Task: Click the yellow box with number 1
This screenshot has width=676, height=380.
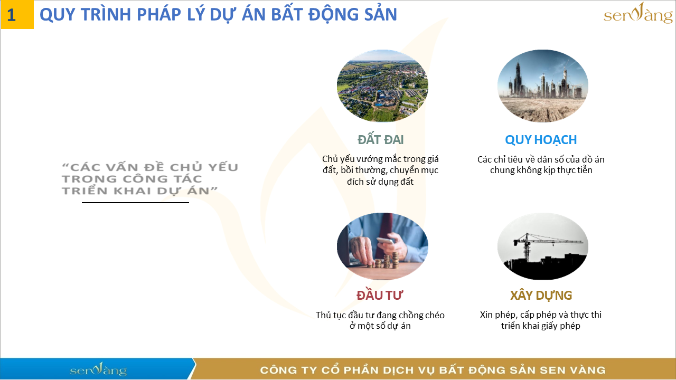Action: pos(16,15)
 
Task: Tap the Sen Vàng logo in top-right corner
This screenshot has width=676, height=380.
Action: pos(638,14)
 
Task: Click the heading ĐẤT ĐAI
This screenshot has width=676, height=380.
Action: pos(380,140)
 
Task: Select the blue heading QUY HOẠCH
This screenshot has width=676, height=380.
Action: pos(541,140)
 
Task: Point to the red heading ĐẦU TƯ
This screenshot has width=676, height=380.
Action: pos(380,295)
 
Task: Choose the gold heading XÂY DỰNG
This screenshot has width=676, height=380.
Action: pos(541,295)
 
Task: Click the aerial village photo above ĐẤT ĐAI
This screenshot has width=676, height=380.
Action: pos(382,86)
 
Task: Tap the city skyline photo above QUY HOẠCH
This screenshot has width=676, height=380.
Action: pos(542,86)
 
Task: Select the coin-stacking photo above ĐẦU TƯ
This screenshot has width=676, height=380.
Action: pos(382,246)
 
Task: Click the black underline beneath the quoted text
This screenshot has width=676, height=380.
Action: pos(135,202)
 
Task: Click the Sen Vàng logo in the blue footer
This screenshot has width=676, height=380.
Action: pos(98,369)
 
